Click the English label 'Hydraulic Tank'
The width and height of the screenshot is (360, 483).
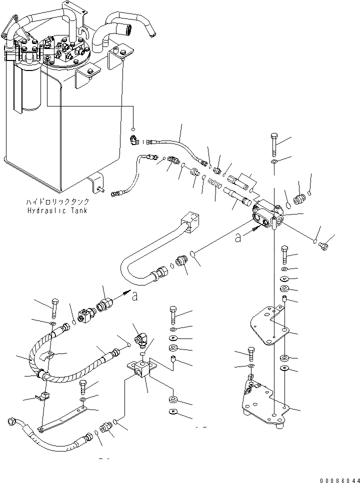pyautogui.click(x=58, y=210)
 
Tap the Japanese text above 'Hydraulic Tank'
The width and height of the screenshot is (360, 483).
pyautogui.click(x=58, y=202)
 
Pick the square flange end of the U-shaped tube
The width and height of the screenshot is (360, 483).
pyautogui.click(x=189, y=222)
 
